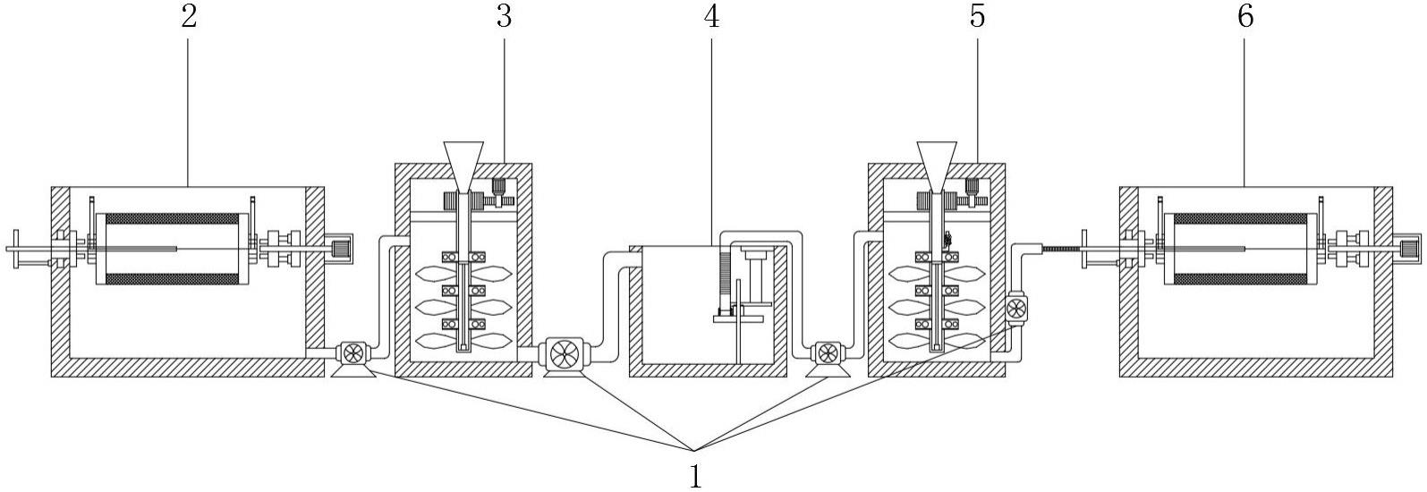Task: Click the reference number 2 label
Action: click(x=188, y=16)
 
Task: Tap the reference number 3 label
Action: click(x=504, y=16)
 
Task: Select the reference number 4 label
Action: click(x=712, y=16)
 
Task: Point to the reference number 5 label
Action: click(x=977, y=16)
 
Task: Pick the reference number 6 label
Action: click(x=1245, y=16)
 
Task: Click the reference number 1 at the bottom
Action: click(x=695, y=475)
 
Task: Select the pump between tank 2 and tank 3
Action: click(x=352, y=352)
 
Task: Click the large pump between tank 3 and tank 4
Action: click(x=564, y=353)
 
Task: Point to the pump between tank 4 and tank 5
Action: click(x=825, y=352)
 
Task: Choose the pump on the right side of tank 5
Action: click(x=1016, y=310)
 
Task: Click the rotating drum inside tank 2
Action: click(x=174, y=249)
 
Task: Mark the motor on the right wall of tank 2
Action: click(x=340, y=248)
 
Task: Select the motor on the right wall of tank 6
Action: click(x=1410, y=248)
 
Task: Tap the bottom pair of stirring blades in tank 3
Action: click(x=463, y=341)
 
